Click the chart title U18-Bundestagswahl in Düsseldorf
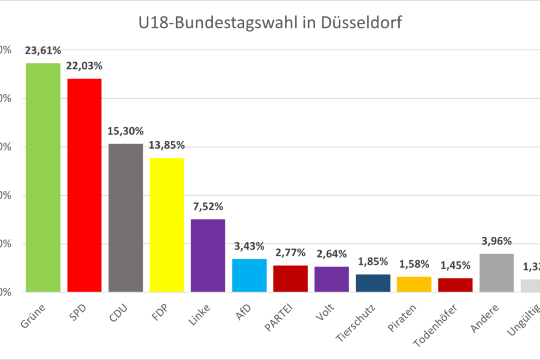(x=269, y=23)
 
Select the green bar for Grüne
(x=43, y=177)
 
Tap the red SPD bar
(x=84, y=185)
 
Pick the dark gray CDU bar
(x=125, y=218)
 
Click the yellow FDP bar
(x=167, y=225)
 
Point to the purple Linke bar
(x=208, y=255)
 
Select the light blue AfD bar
(x=249, y=275)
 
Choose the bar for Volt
(x=332, y=279)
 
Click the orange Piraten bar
(x=414, y=284)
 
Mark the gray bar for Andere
(x=496, y=273)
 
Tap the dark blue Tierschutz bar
(x=373, y=283)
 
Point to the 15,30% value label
(x=125, y=131)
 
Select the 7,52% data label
(x=208, y=207)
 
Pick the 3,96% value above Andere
(x=496, y=242)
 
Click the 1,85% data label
(x=373, y=262)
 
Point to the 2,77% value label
(x=291, y=253)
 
